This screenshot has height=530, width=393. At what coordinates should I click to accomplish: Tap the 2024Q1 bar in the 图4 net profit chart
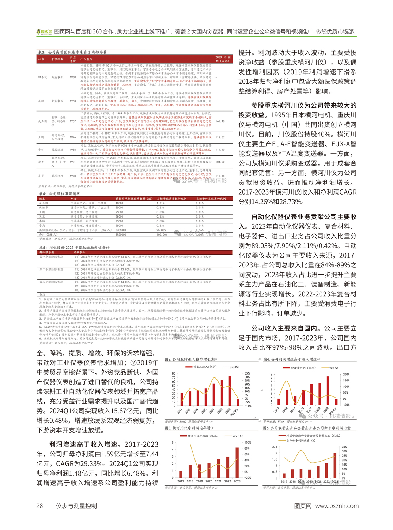(x=336, y=401)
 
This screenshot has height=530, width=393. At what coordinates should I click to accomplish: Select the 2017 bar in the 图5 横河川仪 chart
(x=181, y=474)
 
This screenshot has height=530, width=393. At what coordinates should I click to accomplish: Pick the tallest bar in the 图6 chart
(x=335, y=465)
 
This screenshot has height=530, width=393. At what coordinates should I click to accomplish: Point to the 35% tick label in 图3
(x=247, y=373)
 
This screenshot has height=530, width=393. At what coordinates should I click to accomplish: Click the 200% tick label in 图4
(x=346, y=375)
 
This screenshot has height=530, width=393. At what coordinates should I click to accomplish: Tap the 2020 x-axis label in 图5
(x=209, y=481)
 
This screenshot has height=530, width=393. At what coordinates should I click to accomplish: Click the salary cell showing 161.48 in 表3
(x=220, y=121)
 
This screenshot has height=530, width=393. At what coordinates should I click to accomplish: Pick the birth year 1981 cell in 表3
(x=73, y=162)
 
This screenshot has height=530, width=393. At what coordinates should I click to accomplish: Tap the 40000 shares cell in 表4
(x=119, y=203)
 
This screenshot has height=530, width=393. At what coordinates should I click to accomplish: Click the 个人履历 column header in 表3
(x=86, y=59)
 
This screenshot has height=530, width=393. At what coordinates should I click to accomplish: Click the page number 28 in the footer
(x=39, y=506)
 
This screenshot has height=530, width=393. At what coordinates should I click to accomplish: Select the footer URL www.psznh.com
(x=337, y=506)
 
